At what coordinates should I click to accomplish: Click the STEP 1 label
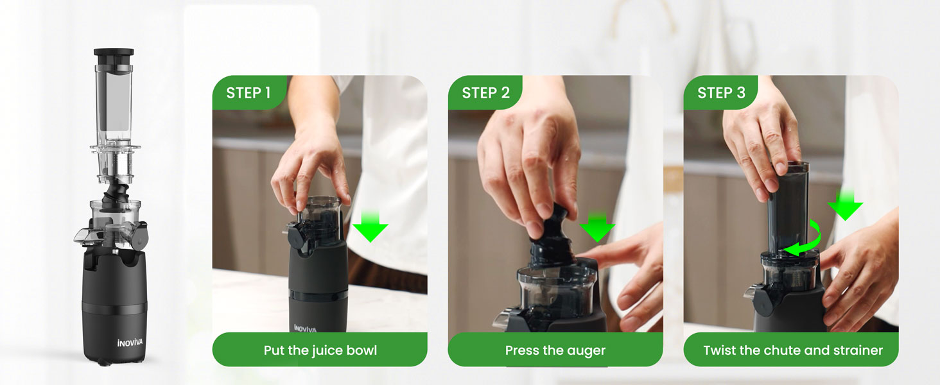(x=248, y=92)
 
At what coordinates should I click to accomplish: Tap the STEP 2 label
(x=485, y=92)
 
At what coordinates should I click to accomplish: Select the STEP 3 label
(x=721, y=92)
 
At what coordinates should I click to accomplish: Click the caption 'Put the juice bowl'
(x=320, y=350)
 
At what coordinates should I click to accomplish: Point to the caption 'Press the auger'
(x=555, y=350)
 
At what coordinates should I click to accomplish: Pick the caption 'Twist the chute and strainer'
(x=793, y=350)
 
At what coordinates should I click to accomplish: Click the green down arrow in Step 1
(x=370, y=227)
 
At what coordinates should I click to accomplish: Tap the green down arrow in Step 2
(x=597, y=227)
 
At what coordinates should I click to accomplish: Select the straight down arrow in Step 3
(x=845, y=205)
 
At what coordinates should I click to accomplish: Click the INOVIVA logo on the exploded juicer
(x=130, y=343)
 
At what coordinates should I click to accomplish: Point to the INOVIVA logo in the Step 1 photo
(x=305, y=329)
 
